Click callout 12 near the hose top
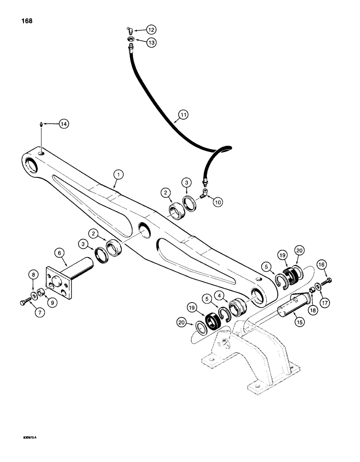click(x=151, y=30)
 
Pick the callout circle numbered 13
click(x=151, y=42)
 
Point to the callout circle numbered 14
click(x=64, y=123)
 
